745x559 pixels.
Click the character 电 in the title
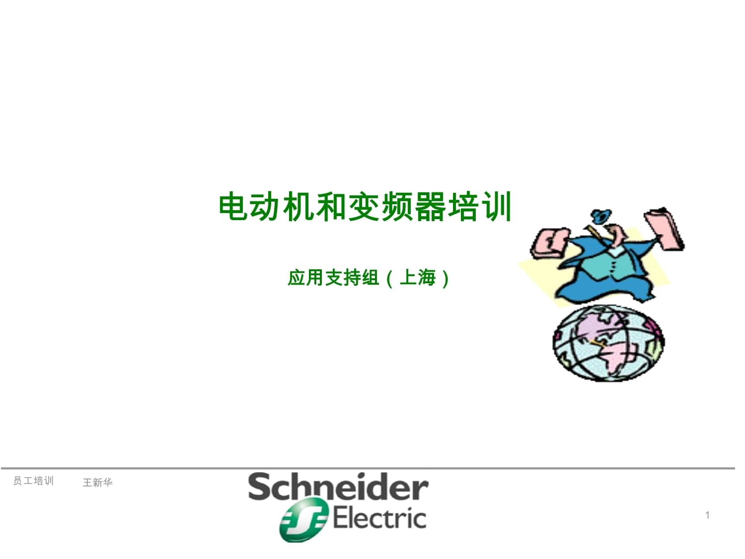pos(233,207)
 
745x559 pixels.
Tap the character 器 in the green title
pos(430,207)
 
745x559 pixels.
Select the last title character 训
pos(496,207)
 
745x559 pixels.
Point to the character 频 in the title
pos(397,207)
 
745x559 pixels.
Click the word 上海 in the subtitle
pos(418,277)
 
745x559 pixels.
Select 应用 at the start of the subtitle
pos(305,277)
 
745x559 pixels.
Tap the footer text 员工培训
pos(33,481)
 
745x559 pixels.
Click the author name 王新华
pos(97,482)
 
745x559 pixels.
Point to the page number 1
pos(707,515)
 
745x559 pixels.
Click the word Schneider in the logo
pos(338,487)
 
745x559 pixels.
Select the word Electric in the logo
pos(379,518)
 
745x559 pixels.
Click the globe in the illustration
pos(608,343)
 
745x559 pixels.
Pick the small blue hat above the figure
pos(601,216)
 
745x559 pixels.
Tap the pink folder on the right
pos(664,229)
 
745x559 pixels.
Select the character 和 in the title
pos(331,207)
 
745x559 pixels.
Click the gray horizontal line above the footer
pos(368,469)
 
